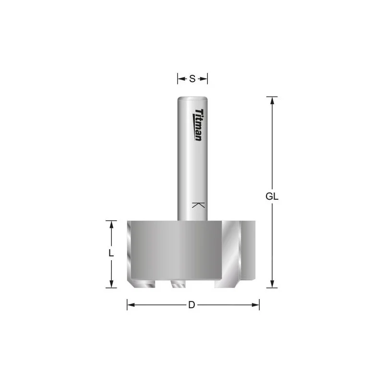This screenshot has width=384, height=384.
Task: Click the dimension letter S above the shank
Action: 192,79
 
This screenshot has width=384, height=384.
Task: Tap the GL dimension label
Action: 272,196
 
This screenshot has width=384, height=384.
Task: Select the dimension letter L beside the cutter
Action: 111,253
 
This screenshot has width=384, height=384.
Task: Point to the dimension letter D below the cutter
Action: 192,305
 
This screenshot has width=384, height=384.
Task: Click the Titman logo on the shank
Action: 198,125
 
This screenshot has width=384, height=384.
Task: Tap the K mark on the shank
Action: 198,205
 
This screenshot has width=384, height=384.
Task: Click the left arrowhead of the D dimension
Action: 131,305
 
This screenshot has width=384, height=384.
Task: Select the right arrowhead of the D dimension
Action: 255,305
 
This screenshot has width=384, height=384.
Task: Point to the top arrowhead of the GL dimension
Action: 272,101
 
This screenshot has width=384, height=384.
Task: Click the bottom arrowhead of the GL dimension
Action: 272,284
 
